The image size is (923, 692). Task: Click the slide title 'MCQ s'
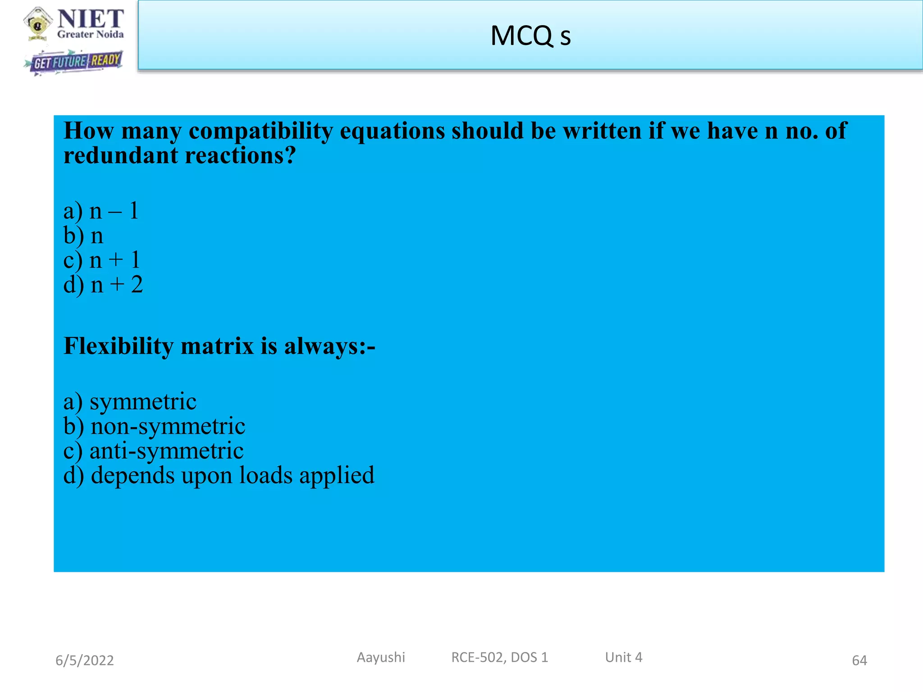click(x=530, y=36)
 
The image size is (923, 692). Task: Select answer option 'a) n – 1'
click(x=101, y=211)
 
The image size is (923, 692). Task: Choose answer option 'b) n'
click(x=84, y=236)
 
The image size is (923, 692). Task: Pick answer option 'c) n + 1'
click(x=102, y=260)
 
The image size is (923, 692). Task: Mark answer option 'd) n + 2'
click(x=103, y=285)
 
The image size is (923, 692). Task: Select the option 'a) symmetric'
click(x=130, y=401)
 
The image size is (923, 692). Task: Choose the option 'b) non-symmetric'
click(x=155, y=426)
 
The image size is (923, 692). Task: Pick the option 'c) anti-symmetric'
click(x=153, y=451)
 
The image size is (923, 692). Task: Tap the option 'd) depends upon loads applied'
click(x=219, y=476)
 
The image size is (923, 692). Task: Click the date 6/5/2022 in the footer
click(x=85, y=660)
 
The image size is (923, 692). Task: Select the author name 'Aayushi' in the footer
click(x=381, y=658)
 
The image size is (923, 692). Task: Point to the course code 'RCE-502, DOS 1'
click(x=500, y=658)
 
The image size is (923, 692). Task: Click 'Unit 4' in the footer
click(x=624, y=658)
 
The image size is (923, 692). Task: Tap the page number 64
click(x=859, y=660)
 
